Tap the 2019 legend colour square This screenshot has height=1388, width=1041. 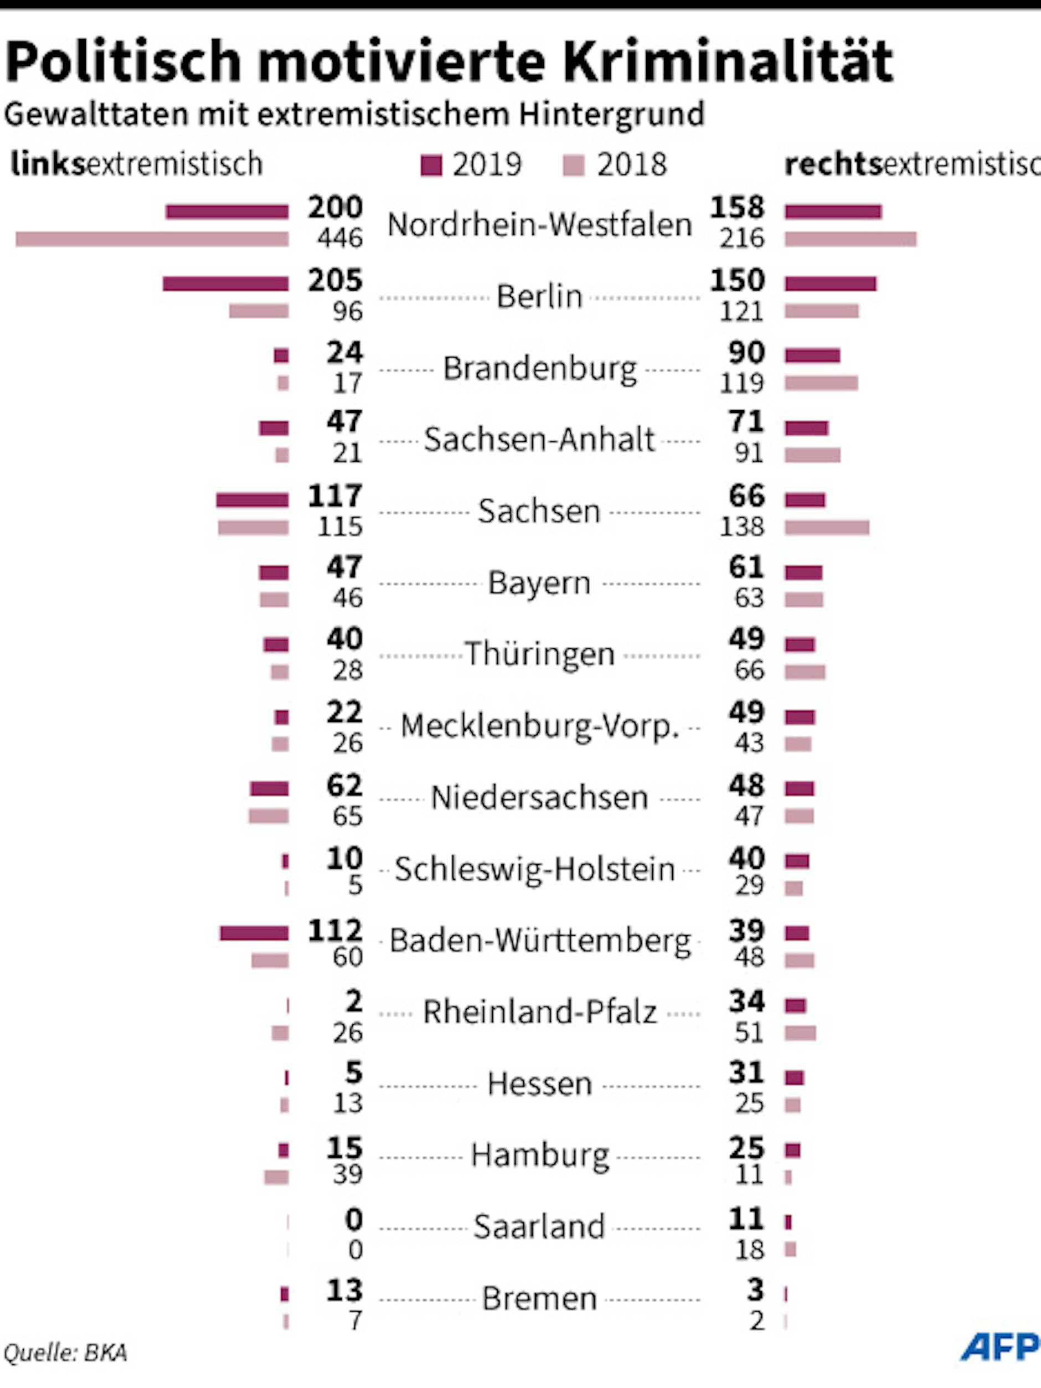coord(431,166)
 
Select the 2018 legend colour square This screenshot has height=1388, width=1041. coord(574,166)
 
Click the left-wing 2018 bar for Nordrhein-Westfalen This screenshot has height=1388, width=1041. coord(152,239)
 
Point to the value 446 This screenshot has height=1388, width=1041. coord(339,239)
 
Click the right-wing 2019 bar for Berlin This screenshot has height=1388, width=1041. coord(830,283)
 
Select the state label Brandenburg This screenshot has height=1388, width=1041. coord(540,368)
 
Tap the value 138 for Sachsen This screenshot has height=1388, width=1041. coord(741,527)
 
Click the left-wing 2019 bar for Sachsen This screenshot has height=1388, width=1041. coord(252,500)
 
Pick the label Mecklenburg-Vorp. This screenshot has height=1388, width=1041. coord(540,726)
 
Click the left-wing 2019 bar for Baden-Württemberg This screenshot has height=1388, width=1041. coord(254,933)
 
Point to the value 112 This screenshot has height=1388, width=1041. coord(335,931)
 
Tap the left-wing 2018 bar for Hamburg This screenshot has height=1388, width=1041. coord(276,1177)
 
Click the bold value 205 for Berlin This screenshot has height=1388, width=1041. coord(335,281)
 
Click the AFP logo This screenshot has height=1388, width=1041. coord(1000,1347)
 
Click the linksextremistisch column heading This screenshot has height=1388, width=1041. coord(136,164)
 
